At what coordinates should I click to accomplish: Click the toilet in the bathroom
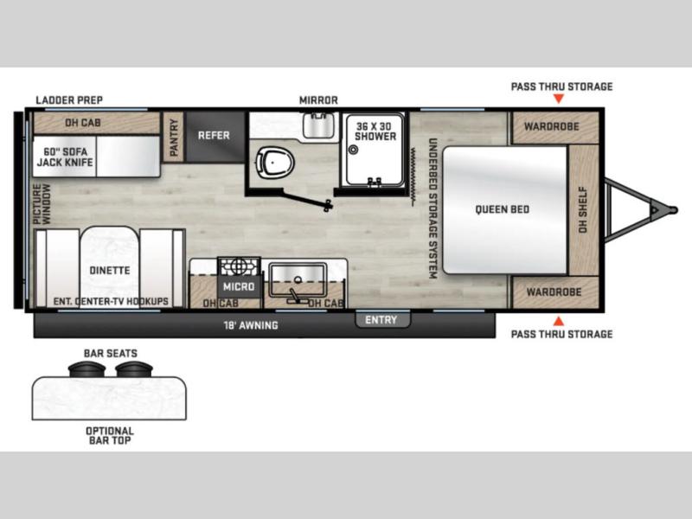(x=275, y=163)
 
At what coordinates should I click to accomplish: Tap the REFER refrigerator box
(x=215, y=137)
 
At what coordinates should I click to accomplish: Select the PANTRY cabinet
(x=174, y=137)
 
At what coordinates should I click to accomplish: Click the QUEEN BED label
(x=503, y=209)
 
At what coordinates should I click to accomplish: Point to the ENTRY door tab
(x=382, y=319)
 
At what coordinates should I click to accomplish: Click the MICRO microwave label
(x=239, y=287)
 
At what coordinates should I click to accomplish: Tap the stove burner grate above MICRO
(x=240, y=267)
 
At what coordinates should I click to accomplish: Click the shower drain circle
(x=353, y=150)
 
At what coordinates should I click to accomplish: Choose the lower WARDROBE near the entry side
(x=554, y=292)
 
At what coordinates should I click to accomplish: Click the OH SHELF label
(x=583, y=210)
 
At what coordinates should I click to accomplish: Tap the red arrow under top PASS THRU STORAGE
(x=559, y=99)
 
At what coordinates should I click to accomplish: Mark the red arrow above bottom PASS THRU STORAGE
(x=559, y=321)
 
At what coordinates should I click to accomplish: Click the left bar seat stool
(x=87, y=368)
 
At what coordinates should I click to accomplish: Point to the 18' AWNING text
(x=251, y=326)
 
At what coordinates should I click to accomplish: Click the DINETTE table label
(x=110, y=270)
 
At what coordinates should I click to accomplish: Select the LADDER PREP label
(x=69, y=100)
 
